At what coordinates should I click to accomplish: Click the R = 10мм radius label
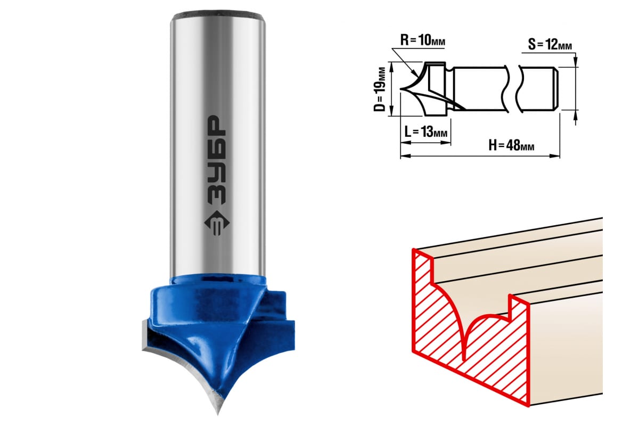click(422, 40)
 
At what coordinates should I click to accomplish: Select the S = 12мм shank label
click(550, 45)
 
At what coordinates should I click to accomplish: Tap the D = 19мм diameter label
click(380, 89)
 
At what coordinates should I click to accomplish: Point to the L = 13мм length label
click(426, 132)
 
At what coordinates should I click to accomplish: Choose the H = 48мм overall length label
click(511, 145)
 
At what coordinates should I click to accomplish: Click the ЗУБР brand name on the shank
click(216, 160)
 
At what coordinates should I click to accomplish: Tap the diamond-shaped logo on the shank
click(217, 223)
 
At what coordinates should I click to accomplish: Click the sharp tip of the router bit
click(218, 413)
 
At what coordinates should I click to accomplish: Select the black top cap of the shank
click(218, 14)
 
